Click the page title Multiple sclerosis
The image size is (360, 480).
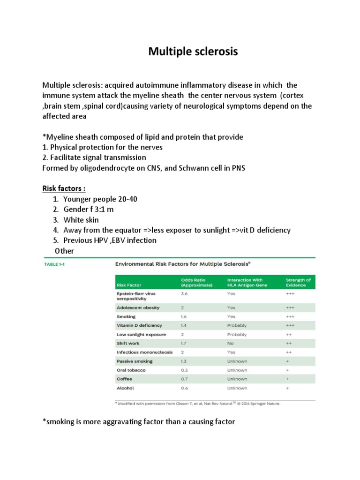(193, 51)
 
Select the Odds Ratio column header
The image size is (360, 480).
(197, 282)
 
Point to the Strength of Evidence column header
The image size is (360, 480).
(298, 282)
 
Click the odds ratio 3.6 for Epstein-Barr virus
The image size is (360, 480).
(185, 293)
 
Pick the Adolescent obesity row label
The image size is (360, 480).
(138, 308)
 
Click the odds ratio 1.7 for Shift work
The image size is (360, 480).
(185, 343)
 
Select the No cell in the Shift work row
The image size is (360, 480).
(231, 343)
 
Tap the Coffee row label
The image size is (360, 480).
(124, 379)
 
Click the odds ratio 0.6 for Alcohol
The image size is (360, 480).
(185, 388)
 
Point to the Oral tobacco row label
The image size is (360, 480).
(131, 370)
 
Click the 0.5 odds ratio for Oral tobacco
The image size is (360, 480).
(185, 370)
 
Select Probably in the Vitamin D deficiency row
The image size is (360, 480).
(237, 325)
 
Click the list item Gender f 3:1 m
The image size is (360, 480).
(88, 209)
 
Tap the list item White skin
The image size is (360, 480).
(81, 219)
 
